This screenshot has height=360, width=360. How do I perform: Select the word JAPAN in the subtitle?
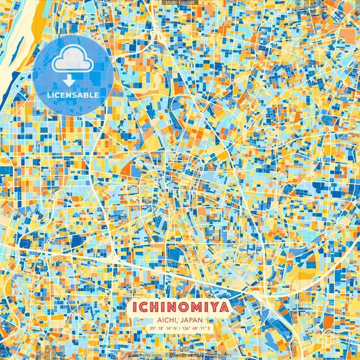(x=192, y=321)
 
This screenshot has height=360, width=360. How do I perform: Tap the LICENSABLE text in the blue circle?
(x=72, y=95)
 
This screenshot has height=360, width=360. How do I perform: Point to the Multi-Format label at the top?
(x=180, y=3)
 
